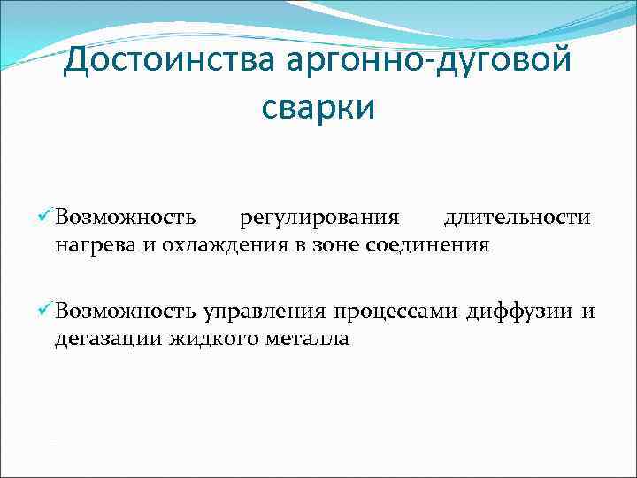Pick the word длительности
click(x=518, y=218)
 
